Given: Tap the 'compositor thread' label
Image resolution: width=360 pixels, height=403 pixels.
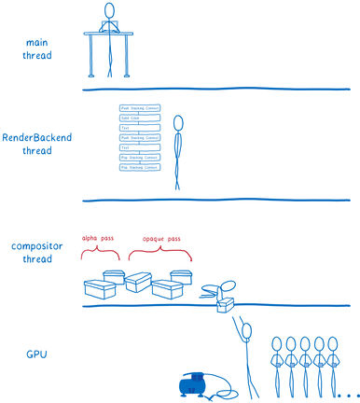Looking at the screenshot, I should point(37,252).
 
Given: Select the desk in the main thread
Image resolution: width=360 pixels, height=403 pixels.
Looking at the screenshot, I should point(110,35).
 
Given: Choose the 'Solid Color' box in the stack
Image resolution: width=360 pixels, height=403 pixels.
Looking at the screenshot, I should point(140,118).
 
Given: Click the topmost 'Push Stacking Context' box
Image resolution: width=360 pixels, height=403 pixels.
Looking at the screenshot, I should point(140,109).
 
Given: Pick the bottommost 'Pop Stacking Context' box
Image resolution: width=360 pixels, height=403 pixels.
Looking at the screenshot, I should point(140,167).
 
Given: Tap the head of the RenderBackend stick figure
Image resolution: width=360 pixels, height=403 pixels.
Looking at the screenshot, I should point(179,121).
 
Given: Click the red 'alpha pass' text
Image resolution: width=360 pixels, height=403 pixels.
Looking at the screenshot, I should point(96,238).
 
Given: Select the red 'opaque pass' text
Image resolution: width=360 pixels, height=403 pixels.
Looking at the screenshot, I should point(159,239).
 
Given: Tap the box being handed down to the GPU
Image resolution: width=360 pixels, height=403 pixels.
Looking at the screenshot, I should point(224,304).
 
